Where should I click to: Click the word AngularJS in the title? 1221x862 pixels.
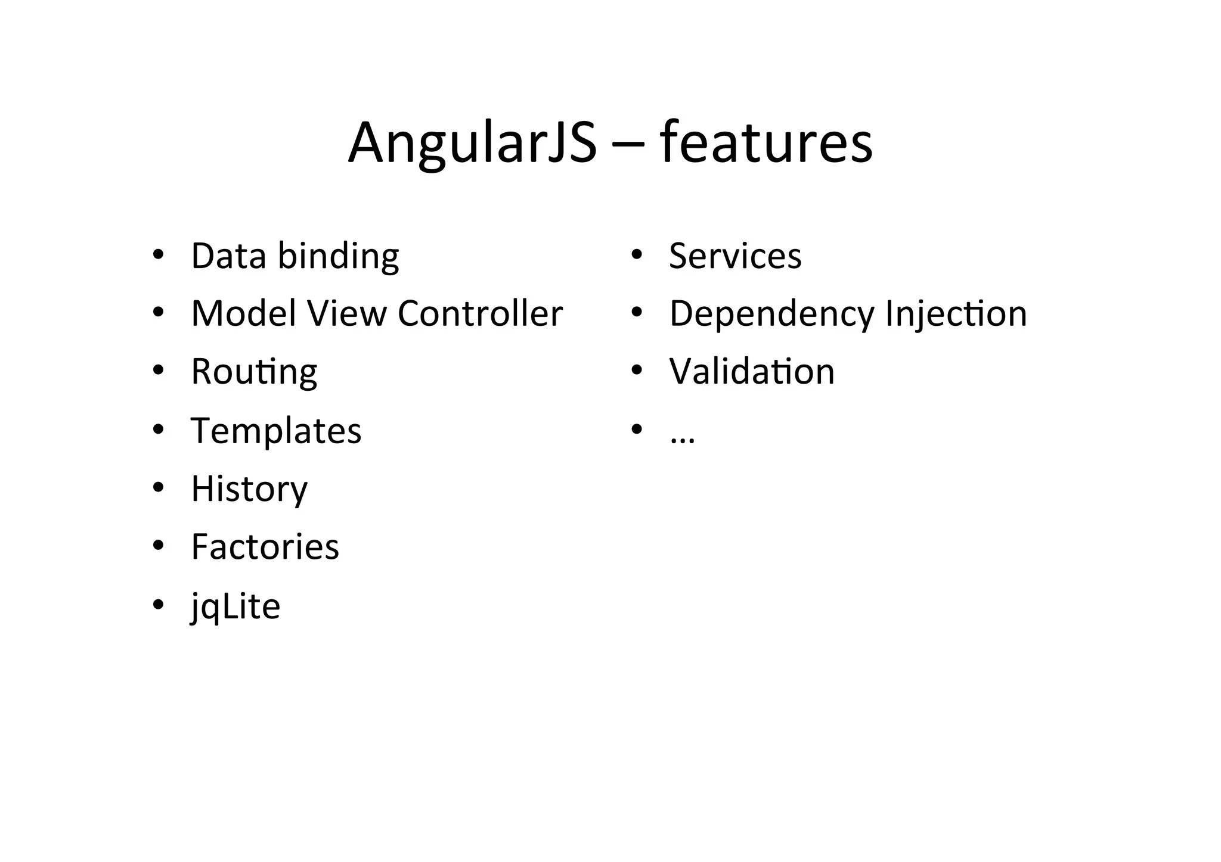click(x=472, y=144)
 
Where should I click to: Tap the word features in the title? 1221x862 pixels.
click(x=766, y=144)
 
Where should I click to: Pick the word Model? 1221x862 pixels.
click(x=243, y=313)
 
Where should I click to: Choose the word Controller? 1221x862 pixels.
click(x=480, y=313)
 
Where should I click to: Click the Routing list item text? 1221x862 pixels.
click(x=254, y=372)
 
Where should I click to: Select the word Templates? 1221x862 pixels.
click(x=276, y=431)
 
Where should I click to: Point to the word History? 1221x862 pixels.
click(x=249, y=489)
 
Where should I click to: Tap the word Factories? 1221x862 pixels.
click(x=265, y=547)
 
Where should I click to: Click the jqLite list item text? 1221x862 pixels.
click(x=235, y=606)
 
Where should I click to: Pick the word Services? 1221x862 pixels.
click(x=735, y=256)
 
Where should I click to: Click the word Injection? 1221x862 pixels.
click(x=956, y=313)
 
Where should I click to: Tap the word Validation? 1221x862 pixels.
click(x=752, y=372)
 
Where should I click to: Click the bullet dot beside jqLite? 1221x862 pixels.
click(x=158, y=605)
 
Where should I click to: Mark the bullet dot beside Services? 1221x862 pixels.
click(x=637, y=255)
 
